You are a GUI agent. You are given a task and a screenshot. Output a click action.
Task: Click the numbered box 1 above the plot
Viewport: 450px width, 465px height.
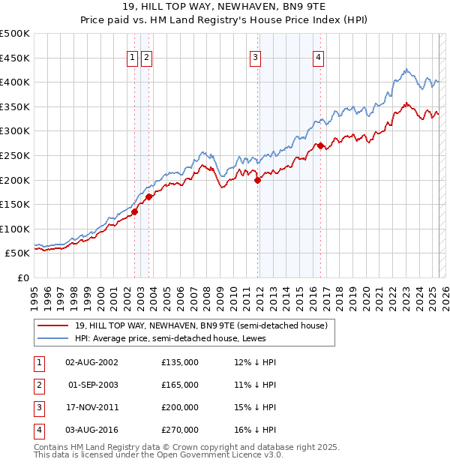132,57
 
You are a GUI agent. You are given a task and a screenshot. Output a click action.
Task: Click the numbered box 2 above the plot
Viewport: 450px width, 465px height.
146,57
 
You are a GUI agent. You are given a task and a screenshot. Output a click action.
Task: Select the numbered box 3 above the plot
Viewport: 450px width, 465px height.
255,57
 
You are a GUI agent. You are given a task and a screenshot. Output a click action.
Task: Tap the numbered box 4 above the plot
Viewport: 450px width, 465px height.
318,57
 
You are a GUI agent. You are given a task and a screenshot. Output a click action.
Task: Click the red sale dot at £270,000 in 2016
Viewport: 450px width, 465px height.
320,145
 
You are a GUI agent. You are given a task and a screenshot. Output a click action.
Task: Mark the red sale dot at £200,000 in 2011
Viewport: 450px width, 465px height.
257,180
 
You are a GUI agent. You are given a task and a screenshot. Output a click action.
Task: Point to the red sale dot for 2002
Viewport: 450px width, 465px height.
135,211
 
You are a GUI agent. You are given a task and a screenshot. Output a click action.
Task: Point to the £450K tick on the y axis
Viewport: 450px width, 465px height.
16,58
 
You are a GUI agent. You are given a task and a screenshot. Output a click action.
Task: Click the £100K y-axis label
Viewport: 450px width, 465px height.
16,229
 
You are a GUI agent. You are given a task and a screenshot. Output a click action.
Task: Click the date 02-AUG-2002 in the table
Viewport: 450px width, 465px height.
92,362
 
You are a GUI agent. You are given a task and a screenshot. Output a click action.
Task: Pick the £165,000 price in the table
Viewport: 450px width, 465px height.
180,385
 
